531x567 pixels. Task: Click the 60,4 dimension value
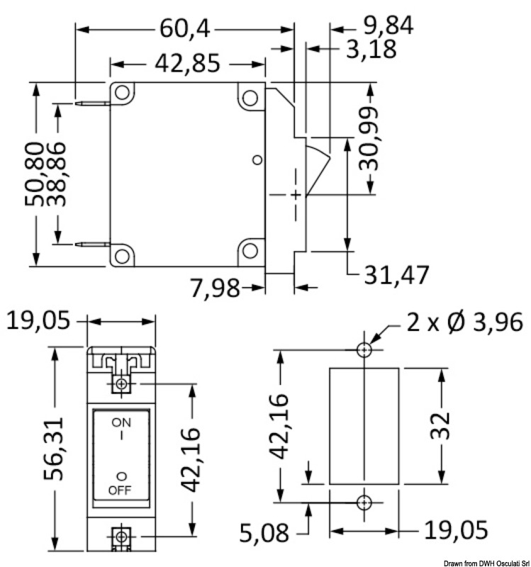[184, 28]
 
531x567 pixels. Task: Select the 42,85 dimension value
[187, 63]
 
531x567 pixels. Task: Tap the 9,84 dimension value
[388, 26]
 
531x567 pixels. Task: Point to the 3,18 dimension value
[371, 49]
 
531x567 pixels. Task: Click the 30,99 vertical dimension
[369, 139]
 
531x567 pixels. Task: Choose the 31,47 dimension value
[396, 275]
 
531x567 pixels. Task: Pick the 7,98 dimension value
[215, 288]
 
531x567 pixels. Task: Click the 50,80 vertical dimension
[34, 174]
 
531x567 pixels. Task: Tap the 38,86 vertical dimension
[57, 174]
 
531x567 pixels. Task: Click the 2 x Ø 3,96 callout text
[465, 322]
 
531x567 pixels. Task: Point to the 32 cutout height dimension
[440, 426]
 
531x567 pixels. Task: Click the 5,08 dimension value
[264, 533]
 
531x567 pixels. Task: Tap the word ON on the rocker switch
[121, 422]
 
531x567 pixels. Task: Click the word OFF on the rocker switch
[120, 490]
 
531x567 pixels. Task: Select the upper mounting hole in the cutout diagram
[364, 350]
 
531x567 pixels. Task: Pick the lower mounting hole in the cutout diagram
[364, 503]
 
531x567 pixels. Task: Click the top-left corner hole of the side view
[122, 93]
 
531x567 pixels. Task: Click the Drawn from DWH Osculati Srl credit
[486, 563]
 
